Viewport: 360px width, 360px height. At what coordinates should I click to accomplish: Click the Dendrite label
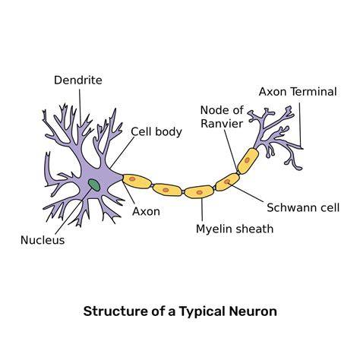coord(78,81)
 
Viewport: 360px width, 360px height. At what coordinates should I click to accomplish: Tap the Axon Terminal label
coord(298,92)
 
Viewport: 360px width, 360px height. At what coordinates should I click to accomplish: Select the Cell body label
coord(156,131)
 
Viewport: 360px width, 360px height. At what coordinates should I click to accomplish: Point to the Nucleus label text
coord(43,240)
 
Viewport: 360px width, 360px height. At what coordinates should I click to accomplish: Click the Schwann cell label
coord(303,207)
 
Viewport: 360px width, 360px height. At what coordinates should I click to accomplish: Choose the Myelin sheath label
coord(235,229)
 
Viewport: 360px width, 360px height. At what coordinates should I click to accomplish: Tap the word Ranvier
coord(222,124)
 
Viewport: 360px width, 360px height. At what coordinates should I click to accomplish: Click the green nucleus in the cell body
coord(94,185)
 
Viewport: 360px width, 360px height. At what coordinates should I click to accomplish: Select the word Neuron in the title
coord(253,311)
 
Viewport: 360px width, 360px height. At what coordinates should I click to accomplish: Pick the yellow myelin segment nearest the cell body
coord(137,181)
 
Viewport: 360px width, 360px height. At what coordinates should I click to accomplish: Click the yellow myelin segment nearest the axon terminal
coord(248,161)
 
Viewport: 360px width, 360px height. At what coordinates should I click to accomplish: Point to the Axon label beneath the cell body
coord(146,212)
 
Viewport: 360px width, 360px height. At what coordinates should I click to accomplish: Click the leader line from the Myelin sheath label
coord(202,209)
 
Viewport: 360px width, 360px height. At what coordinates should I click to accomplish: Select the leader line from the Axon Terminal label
coord(300,125)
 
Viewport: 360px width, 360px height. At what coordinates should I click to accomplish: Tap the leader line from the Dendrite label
coord(80,106)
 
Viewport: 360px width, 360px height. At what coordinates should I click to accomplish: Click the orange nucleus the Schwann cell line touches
coord(227,182)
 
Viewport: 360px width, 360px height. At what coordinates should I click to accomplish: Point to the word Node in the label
coord(211,110)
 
